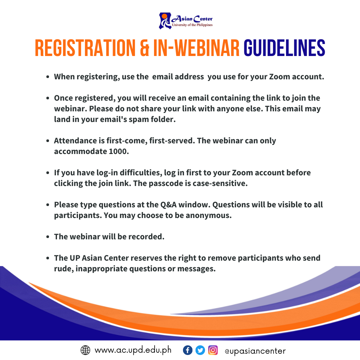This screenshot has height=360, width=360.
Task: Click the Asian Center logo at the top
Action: (x=186, y=21)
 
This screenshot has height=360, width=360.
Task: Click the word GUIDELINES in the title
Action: (x=284, y=48)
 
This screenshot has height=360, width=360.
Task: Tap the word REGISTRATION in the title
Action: (x=85, y=48)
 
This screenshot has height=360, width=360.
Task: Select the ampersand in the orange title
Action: (x=144, y=48)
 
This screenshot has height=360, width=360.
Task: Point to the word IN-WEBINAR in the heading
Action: (x=196, y=48)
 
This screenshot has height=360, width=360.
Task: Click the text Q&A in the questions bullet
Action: (x=168, y=205)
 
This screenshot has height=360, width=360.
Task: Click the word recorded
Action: (x=146, y=237)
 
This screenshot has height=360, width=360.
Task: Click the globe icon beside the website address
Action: (x=85, y=350)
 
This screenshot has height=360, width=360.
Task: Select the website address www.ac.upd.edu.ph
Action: (x=133, y=350)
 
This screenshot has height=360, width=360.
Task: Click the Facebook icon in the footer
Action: (x=188, y=350)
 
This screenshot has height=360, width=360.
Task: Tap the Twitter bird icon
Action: (x=200, y=350)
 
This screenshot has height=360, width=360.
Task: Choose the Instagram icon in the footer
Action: (x=213, y=350)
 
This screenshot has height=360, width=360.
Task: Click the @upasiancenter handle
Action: (x=255, y=351)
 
